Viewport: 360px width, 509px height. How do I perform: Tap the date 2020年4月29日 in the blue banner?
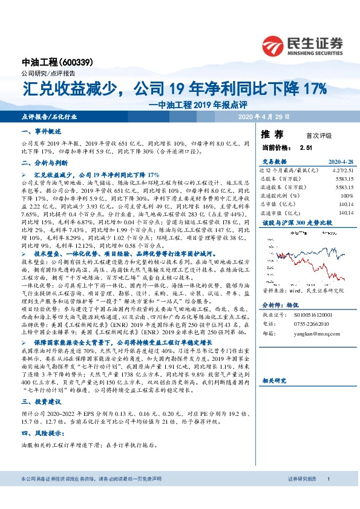pyautogui.click(x=264, y=116)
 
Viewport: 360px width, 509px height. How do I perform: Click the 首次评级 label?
pyautogui.click(x=319, y=135)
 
